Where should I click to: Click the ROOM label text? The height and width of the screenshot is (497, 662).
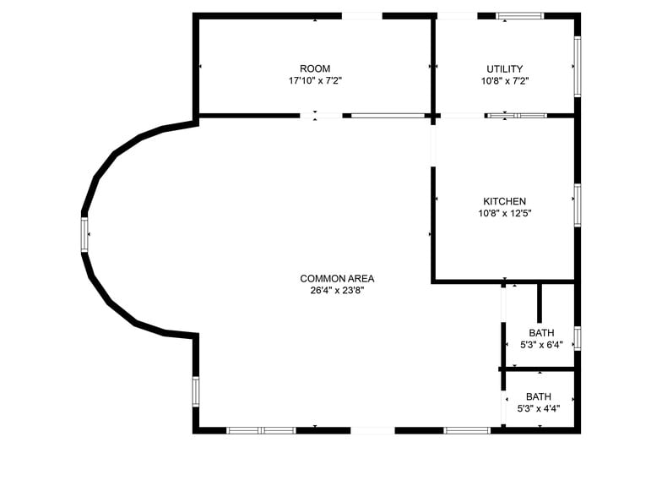(x=315, y=68)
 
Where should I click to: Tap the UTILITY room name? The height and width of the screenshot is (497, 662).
(x=504, y=68)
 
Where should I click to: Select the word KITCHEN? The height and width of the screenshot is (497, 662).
(x=504, y=201)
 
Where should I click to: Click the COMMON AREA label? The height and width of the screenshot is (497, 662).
(x=337, y=278)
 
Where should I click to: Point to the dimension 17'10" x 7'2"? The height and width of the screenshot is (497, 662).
(x=315, y=81)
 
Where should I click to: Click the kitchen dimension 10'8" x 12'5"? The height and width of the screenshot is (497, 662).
(x=504, y=213)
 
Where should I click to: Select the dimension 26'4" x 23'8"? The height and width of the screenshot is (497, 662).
(x=337, y=290)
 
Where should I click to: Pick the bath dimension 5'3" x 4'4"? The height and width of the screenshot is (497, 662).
(x=539, y=408)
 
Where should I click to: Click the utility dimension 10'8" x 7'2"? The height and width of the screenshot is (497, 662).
(x=504, y=81)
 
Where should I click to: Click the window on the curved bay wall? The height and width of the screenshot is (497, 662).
(x=84, y=234)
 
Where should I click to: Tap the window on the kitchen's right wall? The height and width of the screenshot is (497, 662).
(x=578, y=205)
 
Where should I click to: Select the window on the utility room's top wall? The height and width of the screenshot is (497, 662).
(x=519, y=15)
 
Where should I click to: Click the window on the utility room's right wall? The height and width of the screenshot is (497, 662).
(x=578, y=66)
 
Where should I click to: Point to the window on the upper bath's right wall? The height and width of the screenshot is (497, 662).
(x=578, y=337)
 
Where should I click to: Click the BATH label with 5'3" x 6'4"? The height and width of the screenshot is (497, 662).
(x=540, y=332)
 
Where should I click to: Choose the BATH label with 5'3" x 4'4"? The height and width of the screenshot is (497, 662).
(x=539, y=396)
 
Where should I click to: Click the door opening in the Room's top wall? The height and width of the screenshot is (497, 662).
(x=361, y=15)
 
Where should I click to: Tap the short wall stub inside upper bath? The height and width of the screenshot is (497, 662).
(x=540, y=303)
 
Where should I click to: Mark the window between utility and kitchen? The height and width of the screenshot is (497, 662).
(x=517, y=115)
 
